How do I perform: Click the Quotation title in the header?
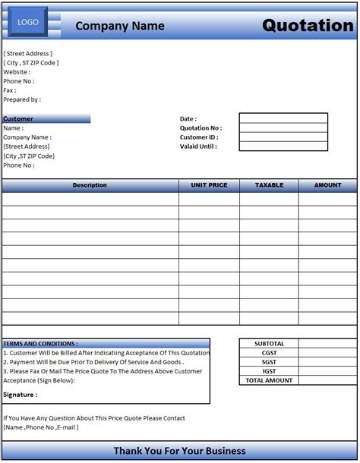click(308, 25)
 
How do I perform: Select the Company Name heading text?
click(120, 27)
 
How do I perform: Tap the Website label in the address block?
click(17, 72)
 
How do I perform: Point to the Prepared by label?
click(22, 99)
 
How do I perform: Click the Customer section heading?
click(18, 119)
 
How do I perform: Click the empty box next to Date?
click(283, 118)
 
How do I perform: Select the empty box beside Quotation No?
click(283, 128)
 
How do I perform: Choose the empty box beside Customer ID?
click(283, 137)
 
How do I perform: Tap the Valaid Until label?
click(198, 146)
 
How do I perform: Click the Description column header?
click(90, 185)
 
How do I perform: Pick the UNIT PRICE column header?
click(209, 185)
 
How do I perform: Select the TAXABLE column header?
click(269, 185)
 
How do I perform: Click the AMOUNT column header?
click(328, 185)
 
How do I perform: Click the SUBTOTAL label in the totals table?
click(269, 344)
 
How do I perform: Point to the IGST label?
click(269, 371)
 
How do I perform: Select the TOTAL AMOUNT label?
click(269, 380)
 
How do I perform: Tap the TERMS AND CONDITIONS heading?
click(40, 344)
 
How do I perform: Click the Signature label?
click(21, 395)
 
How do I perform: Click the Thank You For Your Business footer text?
click(179, 451)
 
